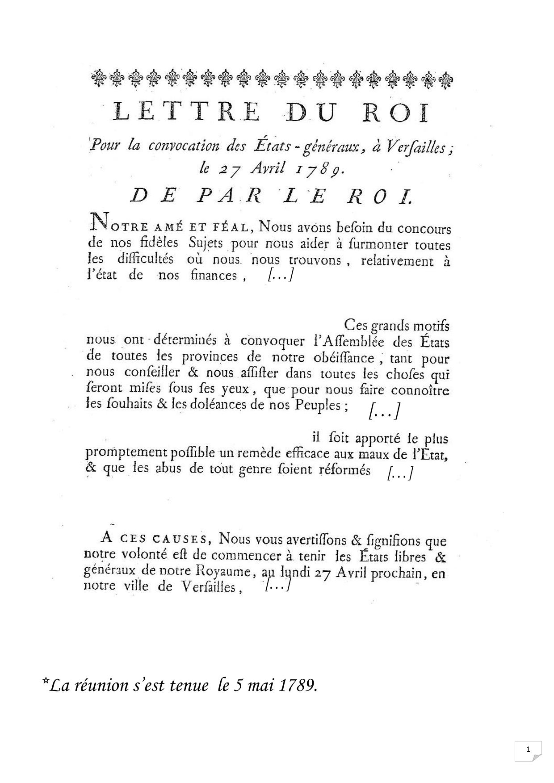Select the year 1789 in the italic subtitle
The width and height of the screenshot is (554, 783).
click(x=319, y=169)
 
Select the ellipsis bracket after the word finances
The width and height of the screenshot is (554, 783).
click(x=280, y=276)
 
